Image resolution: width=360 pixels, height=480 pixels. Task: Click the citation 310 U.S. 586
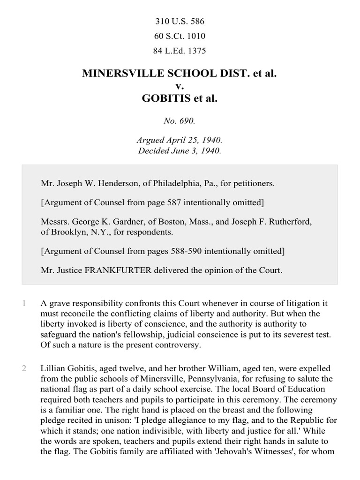[180, 21]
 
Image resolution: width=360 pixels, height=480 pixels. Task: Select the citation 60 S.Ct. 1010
[180, 36]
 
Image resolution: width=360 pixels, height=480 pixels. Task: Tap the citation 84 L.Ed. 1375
[180, 51]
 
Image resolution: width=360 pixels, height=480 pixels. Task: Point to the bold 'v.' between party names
[180, 86]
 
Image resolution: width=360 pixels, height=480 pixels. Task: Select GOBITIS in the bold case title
[165, 99]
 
